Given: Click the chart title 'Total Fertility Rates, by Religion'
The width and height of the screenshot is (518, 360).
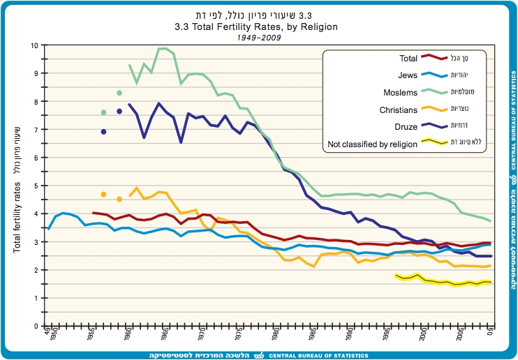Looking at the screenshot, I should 256,27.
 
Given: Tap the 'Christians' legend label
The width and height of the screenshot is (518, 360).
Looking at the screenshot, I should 399,110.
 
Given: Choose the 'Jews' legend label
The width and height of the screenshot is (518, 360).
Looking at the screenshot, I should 407,75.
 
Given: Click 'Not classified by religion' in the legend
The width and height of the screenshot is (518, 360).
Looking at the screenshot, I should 372,144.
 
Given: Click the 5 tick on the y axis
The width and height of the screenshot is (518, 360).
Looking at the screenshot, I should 36,186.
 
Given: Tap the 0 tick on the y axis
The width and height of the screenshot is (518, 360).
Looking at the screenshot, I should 36,326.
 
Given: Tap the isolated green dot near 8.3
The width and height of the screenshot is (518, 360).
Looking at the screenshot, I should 119,93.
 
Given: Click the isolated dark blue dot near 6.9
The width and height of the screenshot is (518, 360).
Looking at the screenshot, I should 103,132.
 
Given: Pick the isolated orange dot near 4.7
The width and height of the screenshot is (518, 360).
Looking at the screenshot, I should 103,195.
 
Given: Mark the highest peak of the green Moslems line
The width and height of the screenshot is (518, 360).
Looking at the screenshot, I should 163,48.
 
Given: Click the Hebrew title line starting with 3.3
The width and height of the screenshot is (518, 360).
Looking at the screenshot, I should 256,15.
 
